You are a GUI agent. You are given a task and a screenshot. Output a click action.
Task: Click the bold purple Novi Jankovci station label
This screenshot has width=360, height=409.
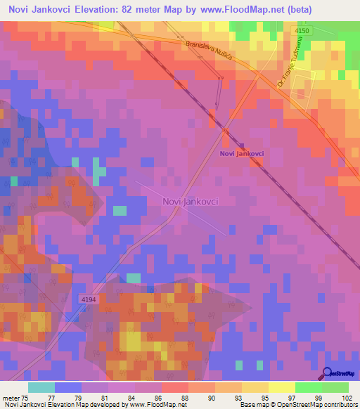(241, 153)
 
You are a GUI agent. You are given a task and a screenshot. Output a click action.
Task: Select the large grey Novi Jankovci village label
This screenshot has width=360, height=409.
(190, 201)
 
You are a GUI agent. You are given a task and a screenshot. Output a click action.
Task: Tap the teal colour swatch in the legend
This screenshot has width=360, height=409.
(41, 387)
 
